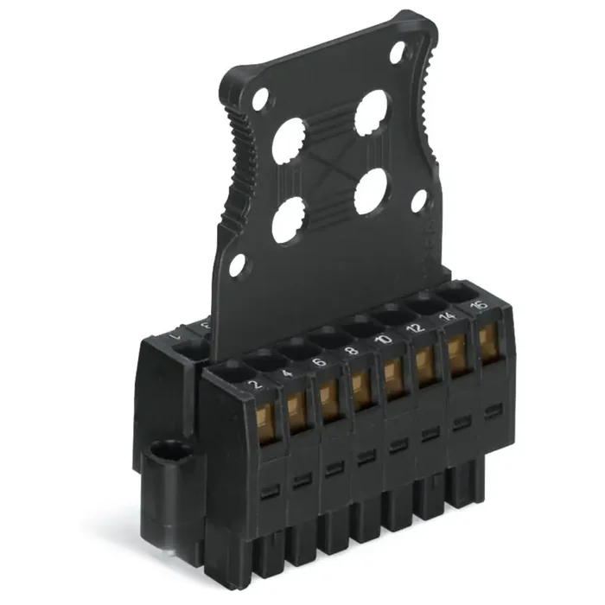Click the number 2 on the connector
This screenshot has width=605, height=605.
click(x=253, y=386)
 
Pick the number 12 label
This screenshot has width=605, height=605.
click(x=415, y=329)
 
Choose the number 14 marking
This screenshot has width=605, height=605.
click(x=448, y=319)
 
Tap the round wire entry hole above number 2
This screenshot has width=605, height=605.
click(x=227, y=371)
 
